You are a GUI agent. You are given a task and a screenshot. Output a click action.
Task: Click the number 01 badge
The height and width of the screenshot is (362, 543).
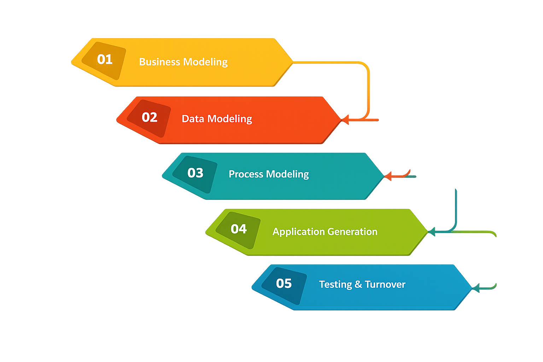tap(104, 60)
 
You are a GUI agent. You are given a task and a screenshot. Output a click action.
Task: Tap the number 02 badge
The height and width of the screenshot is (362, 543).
tap(149, 118)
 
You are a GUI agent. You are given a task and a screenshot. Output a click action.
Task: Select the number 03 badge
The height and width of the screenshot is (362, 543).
tap(195, 173)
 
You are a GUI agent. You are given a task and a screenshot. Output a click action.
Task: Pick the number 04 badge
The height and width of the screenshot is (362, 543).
tap(239, 229)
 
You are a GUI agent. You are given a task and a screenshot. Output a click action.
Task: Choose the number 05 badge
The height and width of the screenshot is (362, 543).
tap(284, 284)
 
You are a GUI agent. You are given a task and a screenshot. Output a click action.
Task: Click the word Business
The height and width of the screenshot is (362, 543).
tap(160, 62)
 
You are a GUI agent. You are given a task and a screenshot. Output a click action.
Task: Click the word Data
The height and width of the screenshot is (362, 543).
tap(193, 119)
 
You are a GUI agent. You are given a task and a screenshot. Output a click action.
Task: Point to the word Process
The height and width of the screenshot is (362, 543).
tap(246, 174)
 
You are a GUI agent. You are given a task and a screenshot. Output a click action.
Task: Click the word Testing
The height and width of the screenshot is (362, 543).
tap(335, 285)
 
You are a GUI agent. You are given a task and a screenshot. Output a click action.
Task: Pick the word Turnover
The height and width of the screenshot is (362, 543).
tap(385, 285)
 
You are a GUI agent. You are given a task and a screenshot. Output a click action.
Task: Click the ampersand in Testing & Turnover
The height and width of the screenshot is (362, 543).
tap(358, 285)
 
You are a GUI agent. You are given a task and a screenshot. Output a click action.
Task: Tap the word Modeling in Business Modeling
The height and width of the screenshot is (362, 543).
tap(205, 62)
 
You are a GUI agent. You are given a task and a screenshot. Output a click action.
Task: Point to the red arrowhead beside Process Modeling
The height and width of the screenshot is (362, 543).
tap(388, 176)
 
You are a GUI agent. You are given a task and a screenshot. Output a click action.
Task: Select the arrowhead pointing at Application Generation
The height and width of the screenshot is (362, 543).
tap(432, 232)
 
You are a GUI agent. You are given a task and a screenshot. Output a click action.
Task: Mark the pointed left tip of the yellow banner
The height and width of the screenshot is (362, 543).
tap(72, 62)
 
